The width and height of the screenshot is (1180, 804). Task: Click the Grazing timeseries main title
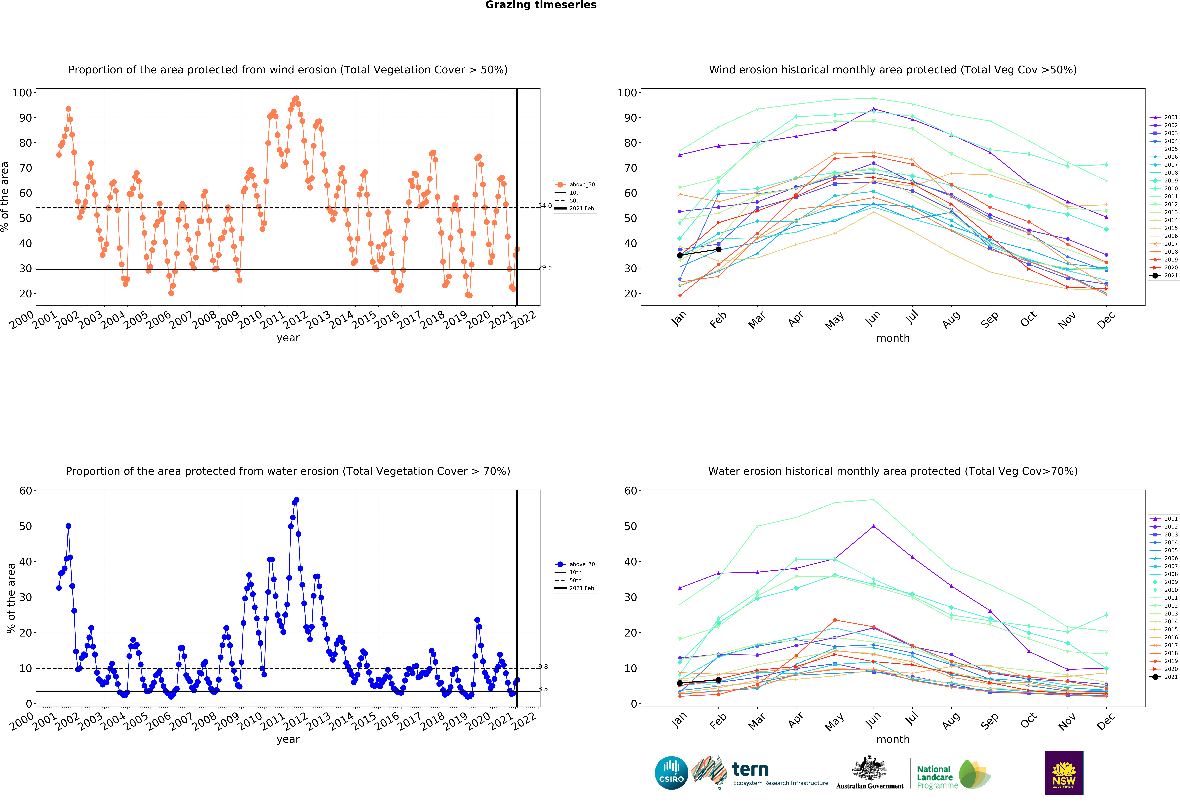click(541, 5)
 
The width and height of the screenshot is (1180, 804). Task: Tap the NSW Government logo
click(1064, 773)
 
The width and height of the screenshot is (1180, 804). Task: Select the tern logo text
click(750, 770)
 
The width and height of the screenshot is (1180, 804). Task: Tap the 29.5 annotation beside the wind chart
click(545, 268)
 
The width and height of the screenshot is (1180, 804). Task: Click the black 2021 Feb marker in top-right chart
click(718, 249)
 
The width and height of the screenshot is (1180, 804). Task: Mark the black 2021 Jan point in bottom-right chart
click(680, 683)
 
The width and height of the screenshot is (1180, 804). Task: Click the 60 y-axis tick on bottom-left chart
click(25, 491)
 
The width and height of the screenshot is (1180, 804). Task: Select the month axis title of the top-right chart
click(893, 338)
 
